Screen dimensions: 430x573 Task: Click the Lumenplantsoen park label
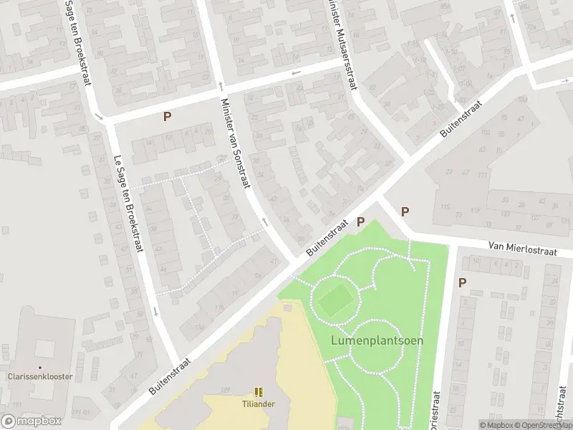(x=377, y=340)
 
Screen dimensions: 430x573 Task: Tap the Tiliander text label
(x=258, y=403)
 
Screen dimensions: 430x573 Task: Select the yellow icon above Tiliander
(x=258, y=392)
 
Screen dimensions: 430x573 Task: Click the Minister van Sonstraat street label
(x=235, y=143)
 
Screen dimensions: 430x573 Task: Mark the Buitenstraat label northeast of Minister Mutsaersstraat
(x=461, y=120)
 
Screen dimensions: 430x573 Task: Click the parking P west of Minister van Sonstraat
(x=168, y=116)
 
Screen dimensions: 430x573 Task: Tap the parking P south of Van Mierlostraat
(x=462, y=282)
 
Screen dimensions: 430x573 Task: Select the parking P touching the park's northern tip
(x=361, y=222)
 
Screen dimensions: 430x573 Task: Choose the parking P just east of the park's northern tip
(x=405, y=211)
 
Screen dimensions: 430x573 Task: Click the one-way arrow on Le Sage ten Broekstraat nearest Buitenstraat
(x=155, y=312)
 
